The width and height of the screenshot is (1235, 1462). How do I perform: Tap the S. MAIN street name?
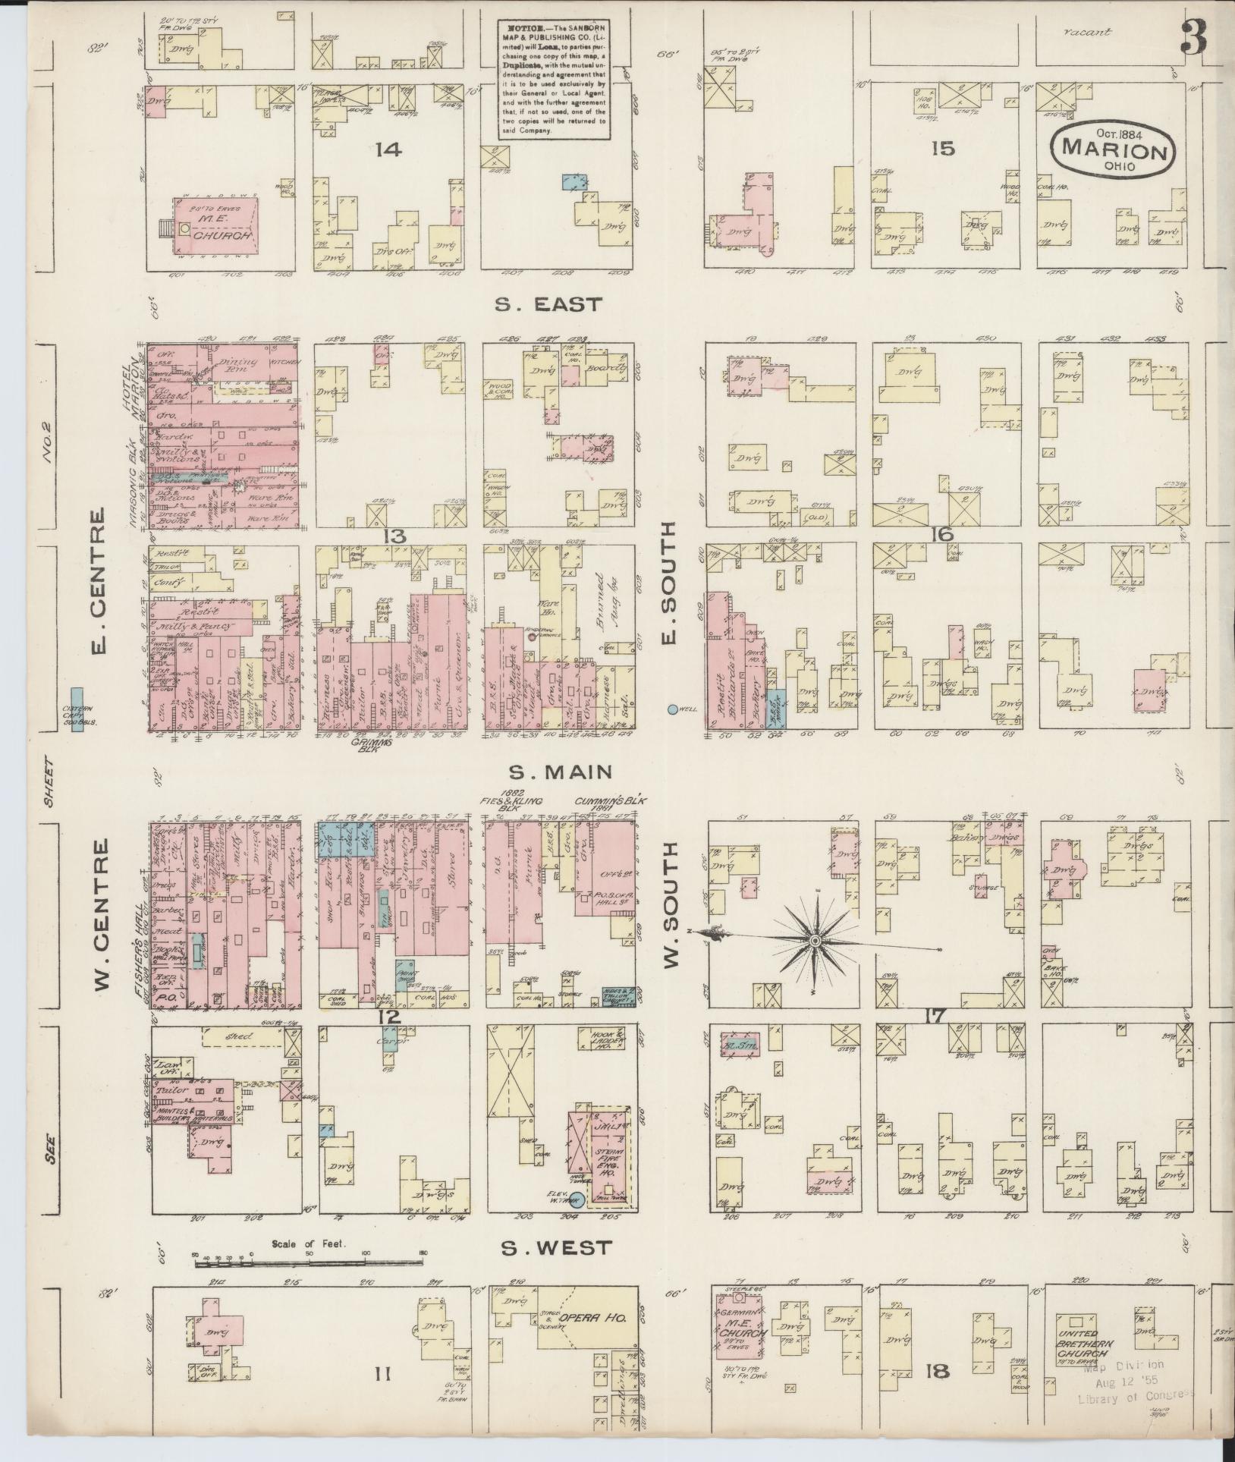click(560, 772)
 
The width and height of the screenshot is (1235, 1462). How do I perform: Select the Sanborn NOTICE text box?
click(555, 80)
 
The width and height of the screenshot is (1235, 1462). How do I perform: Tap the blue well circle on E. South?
click(672, 709)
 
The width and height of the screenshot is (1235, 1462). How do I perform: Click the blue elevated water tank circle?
click(577, 1199)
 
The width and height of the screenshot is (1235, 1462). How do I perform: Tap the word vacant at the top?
click(1086, 33)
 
